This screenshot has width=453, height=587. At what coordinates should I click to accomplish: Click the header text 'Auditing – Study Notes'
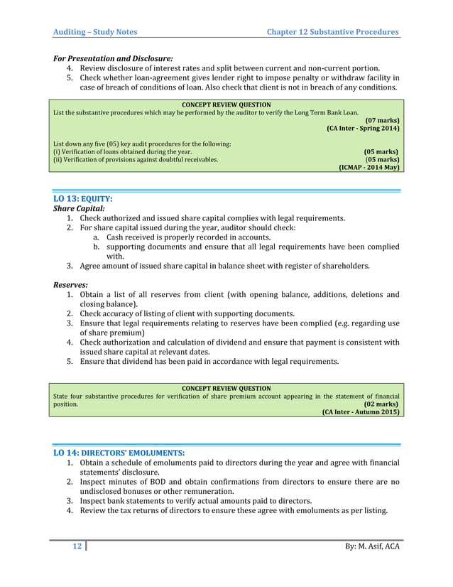click(96, 32)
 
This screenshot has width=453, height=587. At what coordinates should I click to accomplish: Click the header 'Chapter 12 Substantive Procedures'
click(332, 32)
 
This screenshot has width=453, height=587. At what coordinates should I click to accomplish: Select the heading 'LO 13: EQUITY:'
click(83, 200)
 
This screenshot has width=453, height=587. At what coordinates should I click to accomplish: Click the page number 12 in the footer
click(74, 546)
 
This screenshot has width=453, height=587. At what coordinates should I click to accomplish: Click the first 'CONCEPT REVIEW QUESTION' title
click(226, 104)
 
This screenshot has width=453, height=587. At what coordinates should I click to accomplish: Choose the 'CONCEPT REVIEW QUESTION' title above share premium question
click(226, 388)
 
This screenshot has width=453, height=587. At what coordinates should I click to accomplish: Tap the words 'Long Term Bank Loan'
click(326, 112)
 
